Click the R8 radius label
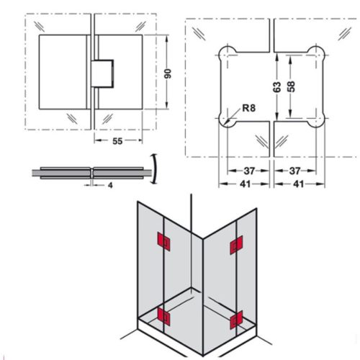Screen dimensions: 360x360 [248, 109]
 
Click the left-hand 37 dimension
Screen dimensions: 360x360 [248, 171]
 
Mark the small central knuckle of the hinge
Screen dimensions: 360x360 [102, 73]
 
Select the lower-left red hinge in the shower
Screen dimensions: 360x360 [164, 314]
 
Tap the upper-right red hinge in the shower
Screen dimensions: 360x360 [234, 247]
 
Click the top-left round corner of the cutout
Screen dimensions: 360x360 [226, 53]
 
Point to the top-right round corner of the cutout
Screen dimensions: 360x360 [315, 53]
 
